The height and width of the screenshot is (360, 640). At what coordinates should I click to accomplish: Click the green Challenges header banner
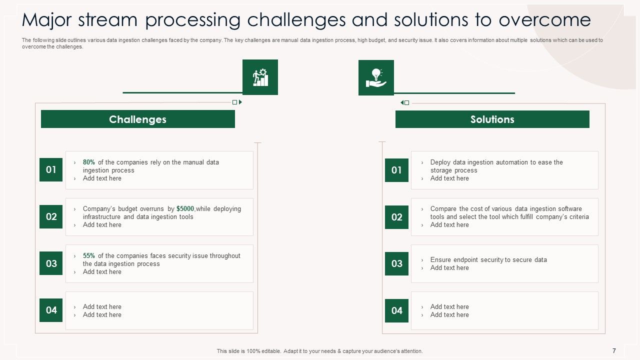pos(137,119)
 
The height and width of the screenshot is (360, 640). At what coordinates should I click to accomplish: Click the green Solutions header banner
pos(492,119)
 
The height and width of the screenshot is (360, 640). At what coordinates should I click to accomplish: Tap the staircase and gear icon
pos(260,77)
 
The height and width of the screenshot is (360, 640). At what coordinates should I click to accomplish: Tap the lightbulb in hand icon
pos(376,77)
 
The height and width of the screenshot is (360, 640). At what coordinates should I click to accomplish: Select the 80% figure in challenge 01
pos(89,162)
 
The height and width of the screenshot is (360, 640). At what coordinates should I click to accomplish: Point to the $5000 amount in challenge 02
pos(185,209)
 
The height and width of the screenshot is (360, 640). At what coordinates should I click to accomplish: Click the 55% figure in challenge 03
pos(89,256)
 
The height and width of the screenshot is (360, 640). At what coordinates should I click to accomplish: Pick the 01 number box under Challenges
pos(51,169)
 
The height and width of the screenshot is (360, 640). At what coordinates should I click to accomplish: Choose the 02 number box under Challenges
pos(51,216)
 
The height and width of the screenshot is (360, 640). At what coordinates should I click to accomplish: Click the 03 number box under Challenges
pos(51,263)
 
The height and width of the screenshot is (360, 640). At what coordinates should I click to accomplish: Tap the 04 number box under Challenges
pos(51,310)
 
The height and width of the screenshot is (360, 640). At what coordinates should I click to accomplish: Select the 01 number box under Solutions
pos(396,170)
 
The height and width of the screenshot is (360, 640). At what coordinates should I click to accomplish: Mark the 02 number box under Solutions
pos(396,217)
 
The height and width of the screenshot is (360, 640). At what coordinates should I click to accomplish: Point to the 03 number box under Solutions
pos(396,263)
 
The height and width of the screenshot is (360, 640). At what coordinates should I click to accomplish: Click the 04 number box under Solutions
pos(396,310)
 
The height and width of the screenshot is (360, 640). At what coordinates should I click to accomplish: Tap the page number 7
pos(614,351)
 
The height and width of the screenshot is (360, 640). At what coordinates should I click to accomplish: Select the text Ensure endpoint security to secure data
pos(488,260)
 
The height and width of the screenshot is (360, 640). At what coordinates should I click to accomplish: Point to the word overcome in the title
pos(544,20)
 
